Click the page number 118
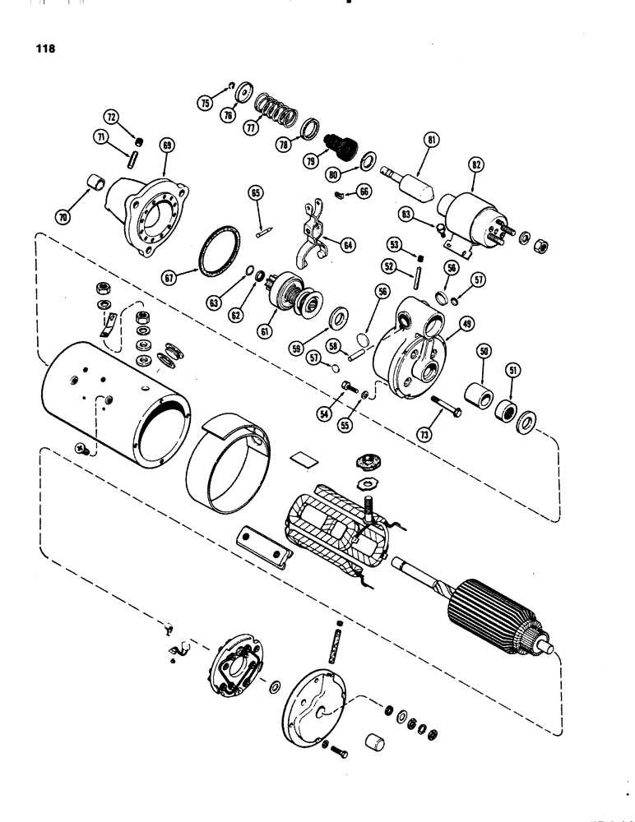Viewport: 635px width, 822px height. click(x=45, y=48)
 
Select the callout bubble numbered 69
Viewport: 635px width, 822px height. click(x=168, y=145)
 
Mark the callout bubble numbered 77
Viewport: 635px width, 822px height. click(x=251, y=127)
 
